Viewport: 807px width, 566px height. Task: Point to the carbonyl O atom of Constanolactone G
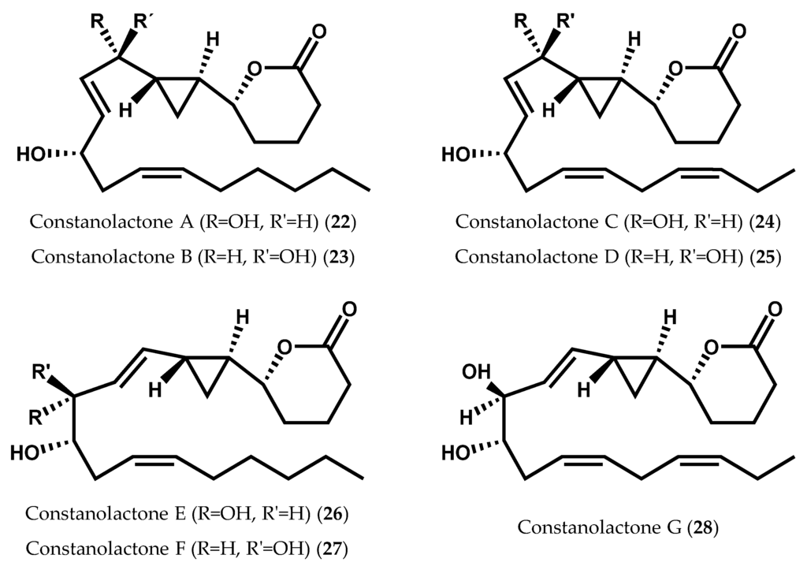(775, 308)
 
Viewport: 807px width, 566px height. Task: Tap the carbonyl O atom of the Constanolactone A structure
(318, 32)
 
